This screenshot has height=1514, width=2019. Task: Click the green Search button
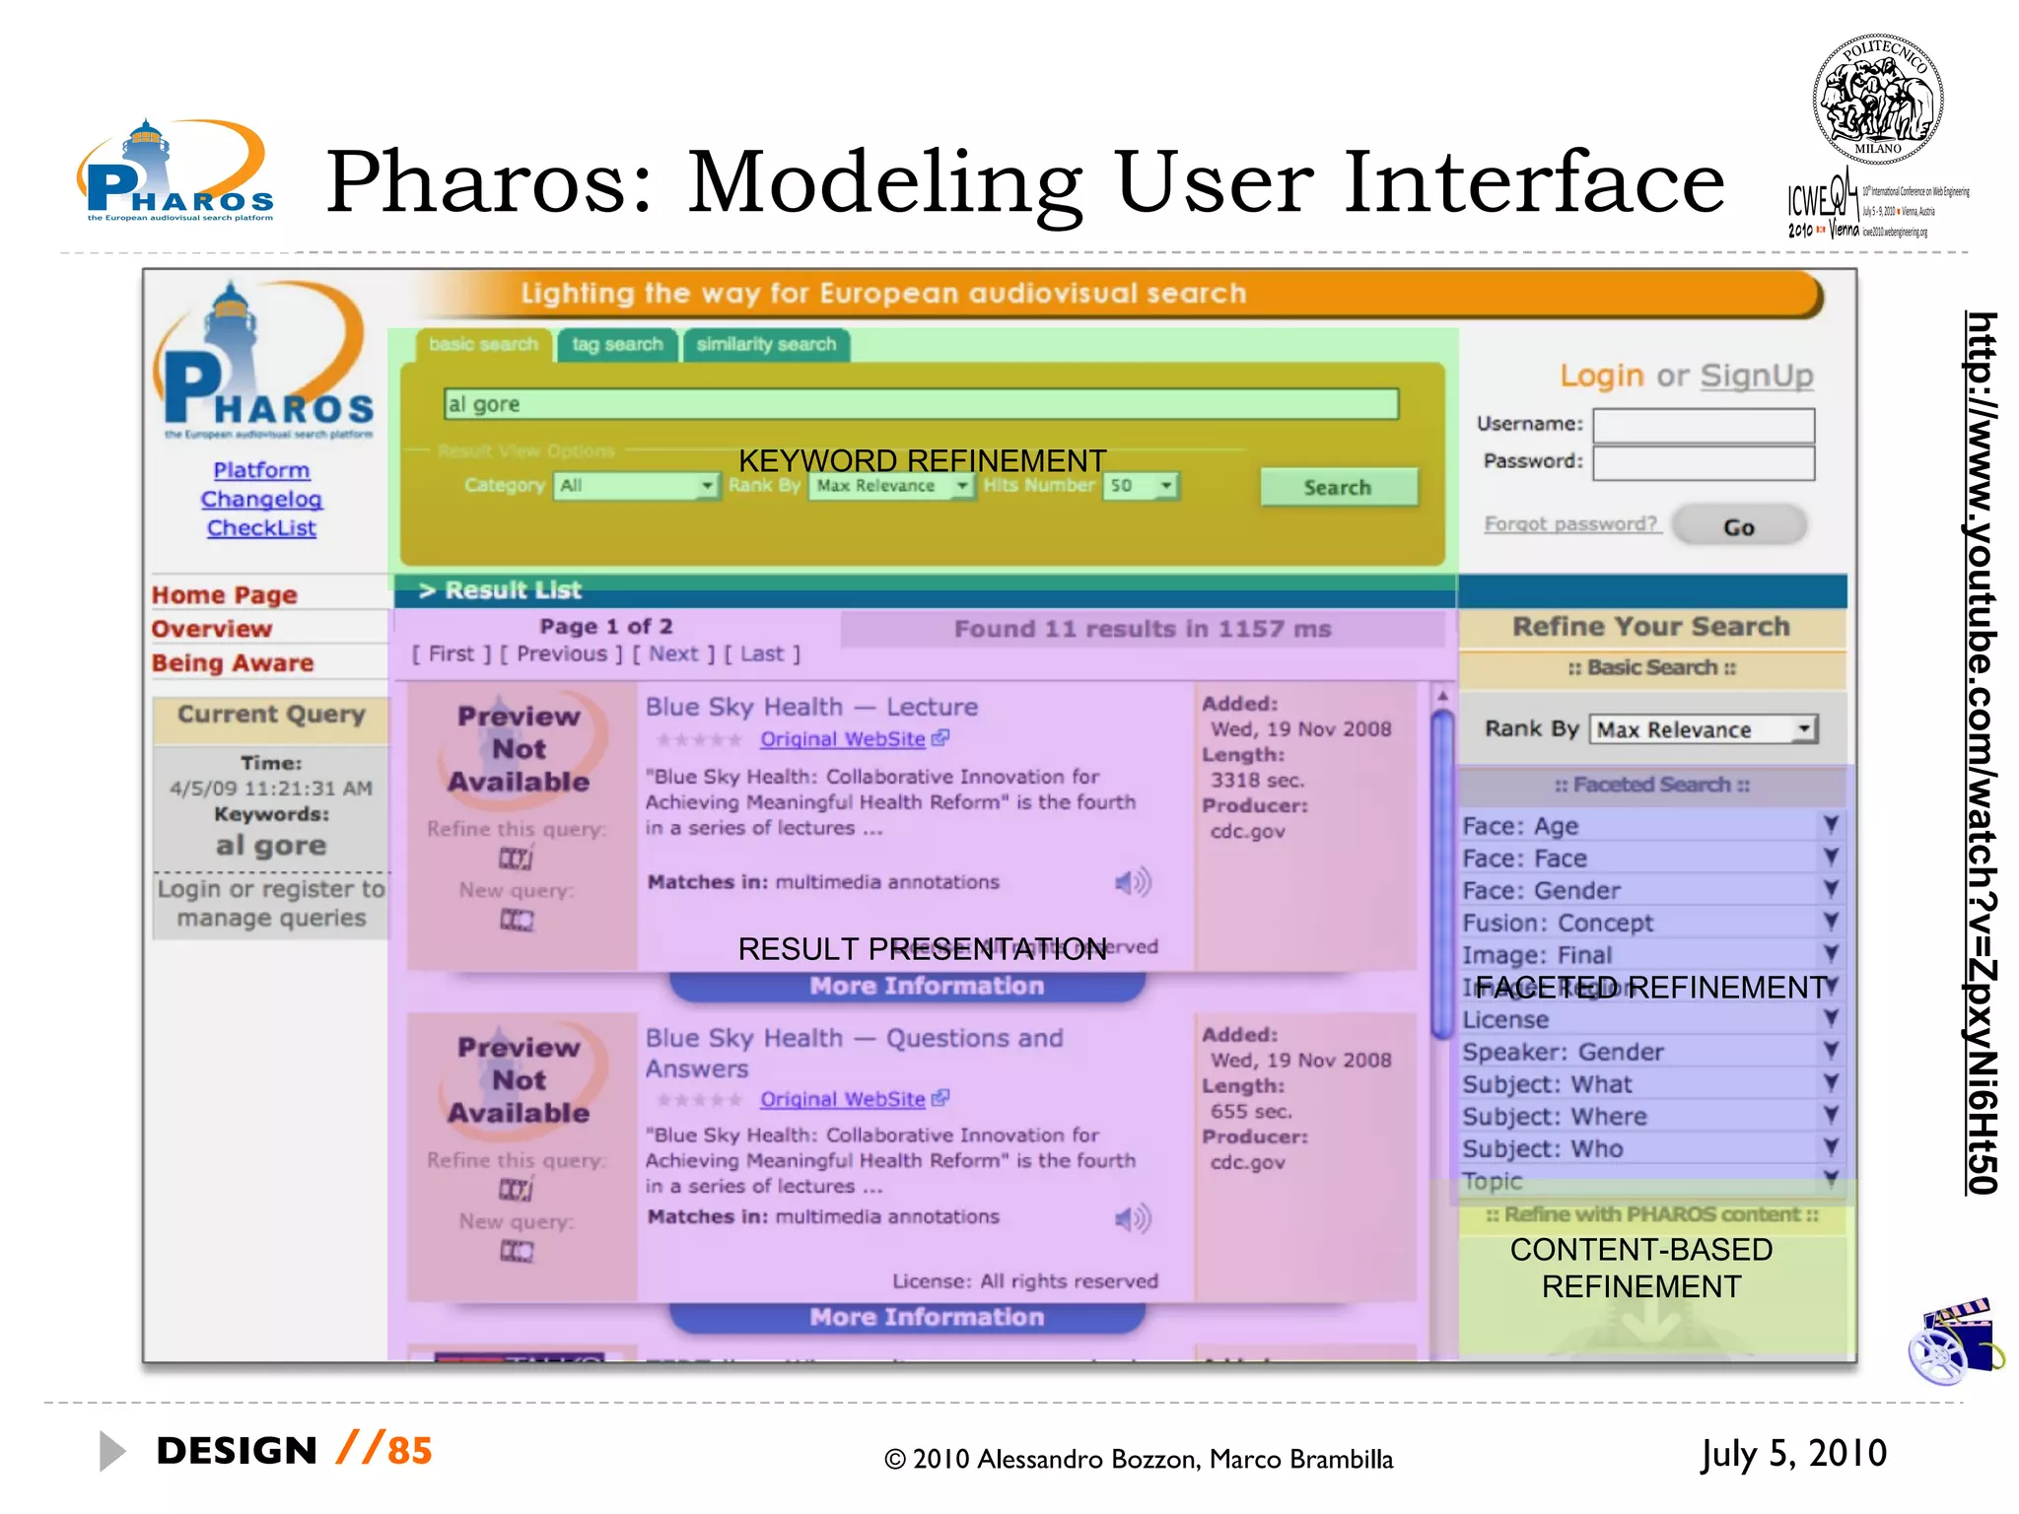1338,487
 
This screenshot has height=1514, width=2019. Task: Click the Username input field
1703,425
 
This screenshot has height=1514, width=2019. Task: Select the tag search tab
617,344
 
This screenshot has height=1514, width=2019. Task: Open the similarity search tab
766,344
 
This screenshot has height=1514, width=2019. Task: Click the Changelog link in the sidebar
261,499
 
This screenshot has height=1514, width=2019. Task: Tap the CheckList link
261,528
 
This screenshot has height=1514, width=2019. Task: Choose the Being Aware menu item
233,662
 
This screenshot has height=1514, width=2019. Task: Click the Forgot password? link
1571,523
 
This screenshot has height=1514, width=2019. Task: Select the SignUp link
1756,376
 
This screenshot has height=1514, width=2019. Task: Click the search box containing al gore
920,404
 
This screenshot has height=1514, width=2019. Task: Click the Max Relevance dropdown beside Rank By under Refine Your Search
1703,729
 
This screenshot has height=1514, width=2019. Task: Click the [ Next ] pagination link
673,654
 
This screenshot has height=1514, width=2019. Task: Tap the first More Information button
926,986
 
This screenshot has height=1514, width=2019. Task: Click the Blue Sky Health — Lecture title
811,707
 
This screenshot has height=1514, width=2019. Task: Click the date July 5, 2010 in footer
1792,1453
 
